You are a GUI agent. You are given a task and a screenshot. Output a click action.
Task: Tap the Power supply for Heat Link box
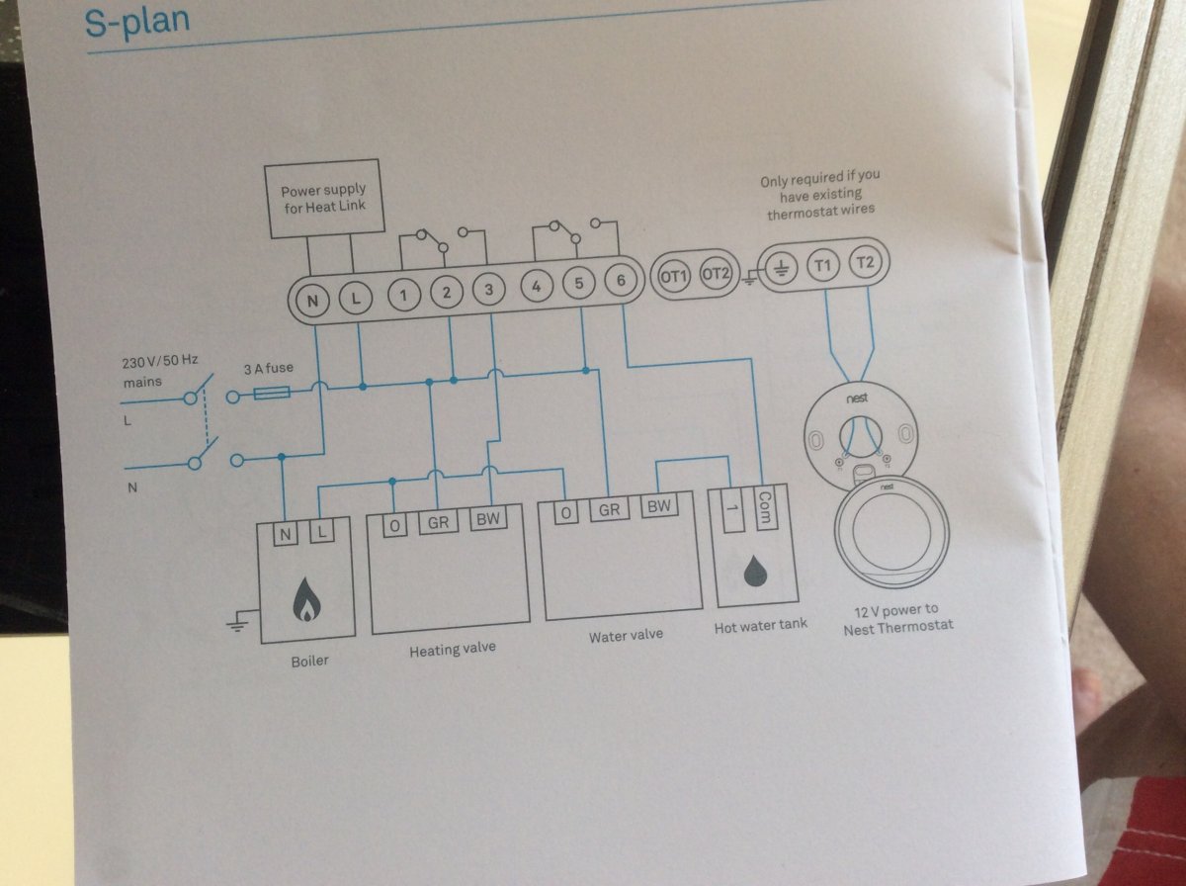[x=324, y=199]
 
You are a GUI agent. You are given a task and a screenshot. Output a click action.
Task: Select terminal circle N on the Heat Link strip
[x=312, y=301]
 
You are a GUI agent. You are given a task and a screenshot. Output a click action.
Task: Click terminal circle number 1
[x=403, y=295]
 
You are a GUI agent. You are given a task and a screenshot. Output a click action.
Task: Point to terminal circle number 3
[x=488, y=290]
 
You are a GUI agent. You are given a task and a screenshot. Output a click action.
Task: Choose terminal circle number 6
[x=621, y=281]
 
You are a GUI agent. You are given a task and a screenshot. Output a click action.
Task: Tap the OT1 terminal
[x=673, y=277]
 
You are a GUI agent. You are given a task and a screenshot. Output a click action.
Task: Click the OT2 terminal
[x=715, y=274]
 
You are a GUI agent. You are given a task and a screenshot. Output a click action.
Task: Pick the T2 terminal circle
[x=865, y=263]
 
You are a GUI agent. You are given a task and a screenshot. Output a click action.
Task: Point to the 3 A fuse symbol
[x=272, y=394]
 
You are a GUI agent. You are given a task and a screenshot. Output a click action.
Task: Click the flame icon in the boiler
[x=306, y=599]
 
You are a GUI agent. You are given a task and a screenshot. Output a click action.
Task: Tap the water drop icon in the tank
[x=755, y=571]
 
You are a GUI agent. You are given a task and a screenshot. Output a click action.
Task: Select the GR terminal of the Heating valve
[x=438, y=522]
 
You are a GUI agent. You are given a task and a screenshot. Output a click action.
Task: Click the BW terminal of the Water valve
[x=659, y=506]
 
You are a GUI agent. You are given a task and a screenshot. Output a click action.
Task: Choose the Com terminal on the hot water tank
[x=765, y=508]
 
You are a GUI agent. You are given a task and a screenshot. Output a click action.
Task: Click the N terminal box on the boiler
[x=285, y=534]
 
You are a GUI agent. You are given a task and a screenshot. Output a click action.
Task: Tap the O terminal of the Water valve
[x=565, y=513]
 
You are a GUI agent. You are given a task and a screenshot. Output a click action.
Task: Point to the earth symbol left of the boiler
[x=239, y=622]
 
